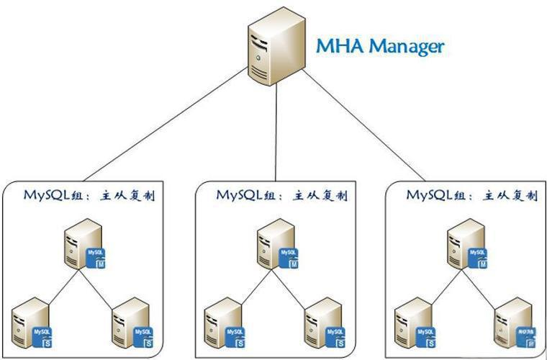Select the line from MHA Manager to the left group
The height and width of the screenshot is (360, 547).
[166, 125]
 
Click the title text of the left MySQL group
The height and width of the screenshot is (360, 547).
[89, 195]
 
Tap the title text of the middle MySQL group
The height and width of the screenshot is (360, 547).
[281, 195]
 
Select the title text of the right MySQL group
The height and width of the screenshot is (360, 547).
[471, 195]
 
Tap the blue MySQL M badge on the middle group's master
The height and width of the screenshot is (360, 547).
[290, 258]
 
